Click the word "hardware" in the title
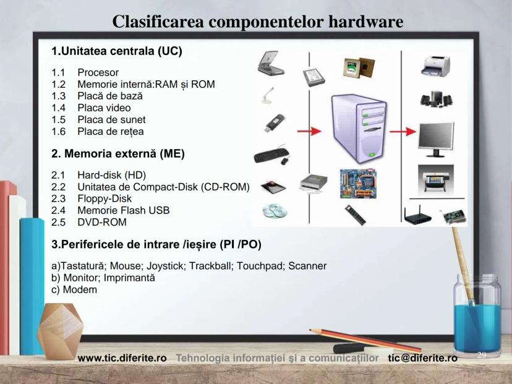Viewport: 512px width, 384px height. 365,22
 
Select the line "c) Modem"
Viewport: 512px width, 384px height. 74,289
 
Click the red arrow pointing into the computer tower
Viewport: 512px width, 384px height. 309,131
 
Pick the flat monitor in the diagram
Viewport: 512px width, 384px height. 437,137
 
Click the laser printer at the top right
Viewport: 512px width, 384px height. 436,65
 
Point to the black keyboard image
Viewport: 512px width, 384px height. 270,153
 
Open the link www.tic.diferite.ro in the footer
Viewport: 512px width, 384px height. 122,358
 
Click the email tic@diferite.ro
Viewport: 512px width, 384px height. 423,358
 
